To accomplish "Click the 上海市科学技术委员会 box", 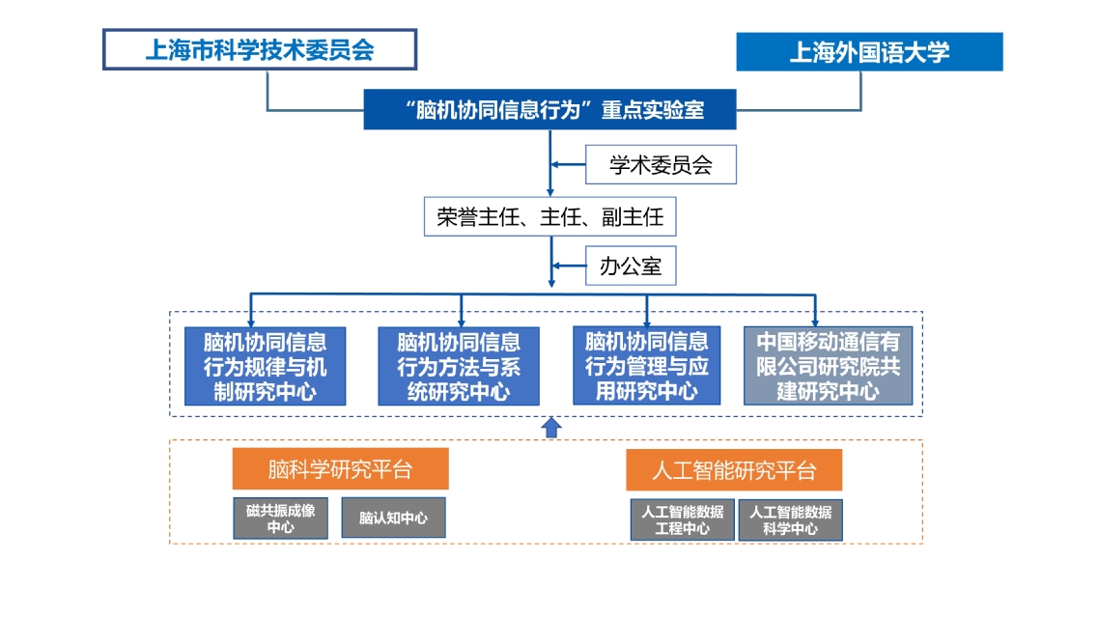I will point(260,49).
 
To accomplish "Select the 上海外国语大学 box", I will point(869,51).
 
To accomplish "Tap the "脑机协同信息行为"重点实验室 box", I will point(549,109).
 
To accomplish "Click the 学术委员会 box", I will point(661,165).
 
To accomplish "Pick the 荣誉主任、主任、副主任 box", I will point(549,216).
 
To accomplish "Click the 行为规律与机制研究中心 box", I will point(265,366).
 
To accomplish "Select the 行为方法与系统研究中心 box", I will point(459,366).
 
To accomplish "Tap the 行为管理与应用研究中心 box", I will point(646,366).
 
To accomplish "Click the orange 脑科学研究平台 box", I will point(340,469).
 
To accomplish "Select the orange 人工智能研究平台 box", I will point(734,470).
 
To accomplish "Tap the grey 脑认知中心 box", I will point(393,518).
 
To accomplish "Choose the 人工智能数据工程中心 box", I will point(682,519).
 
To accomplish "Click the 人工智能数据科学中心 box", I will point(790,519).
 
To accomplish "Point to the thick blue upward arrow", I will point(550,427).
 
